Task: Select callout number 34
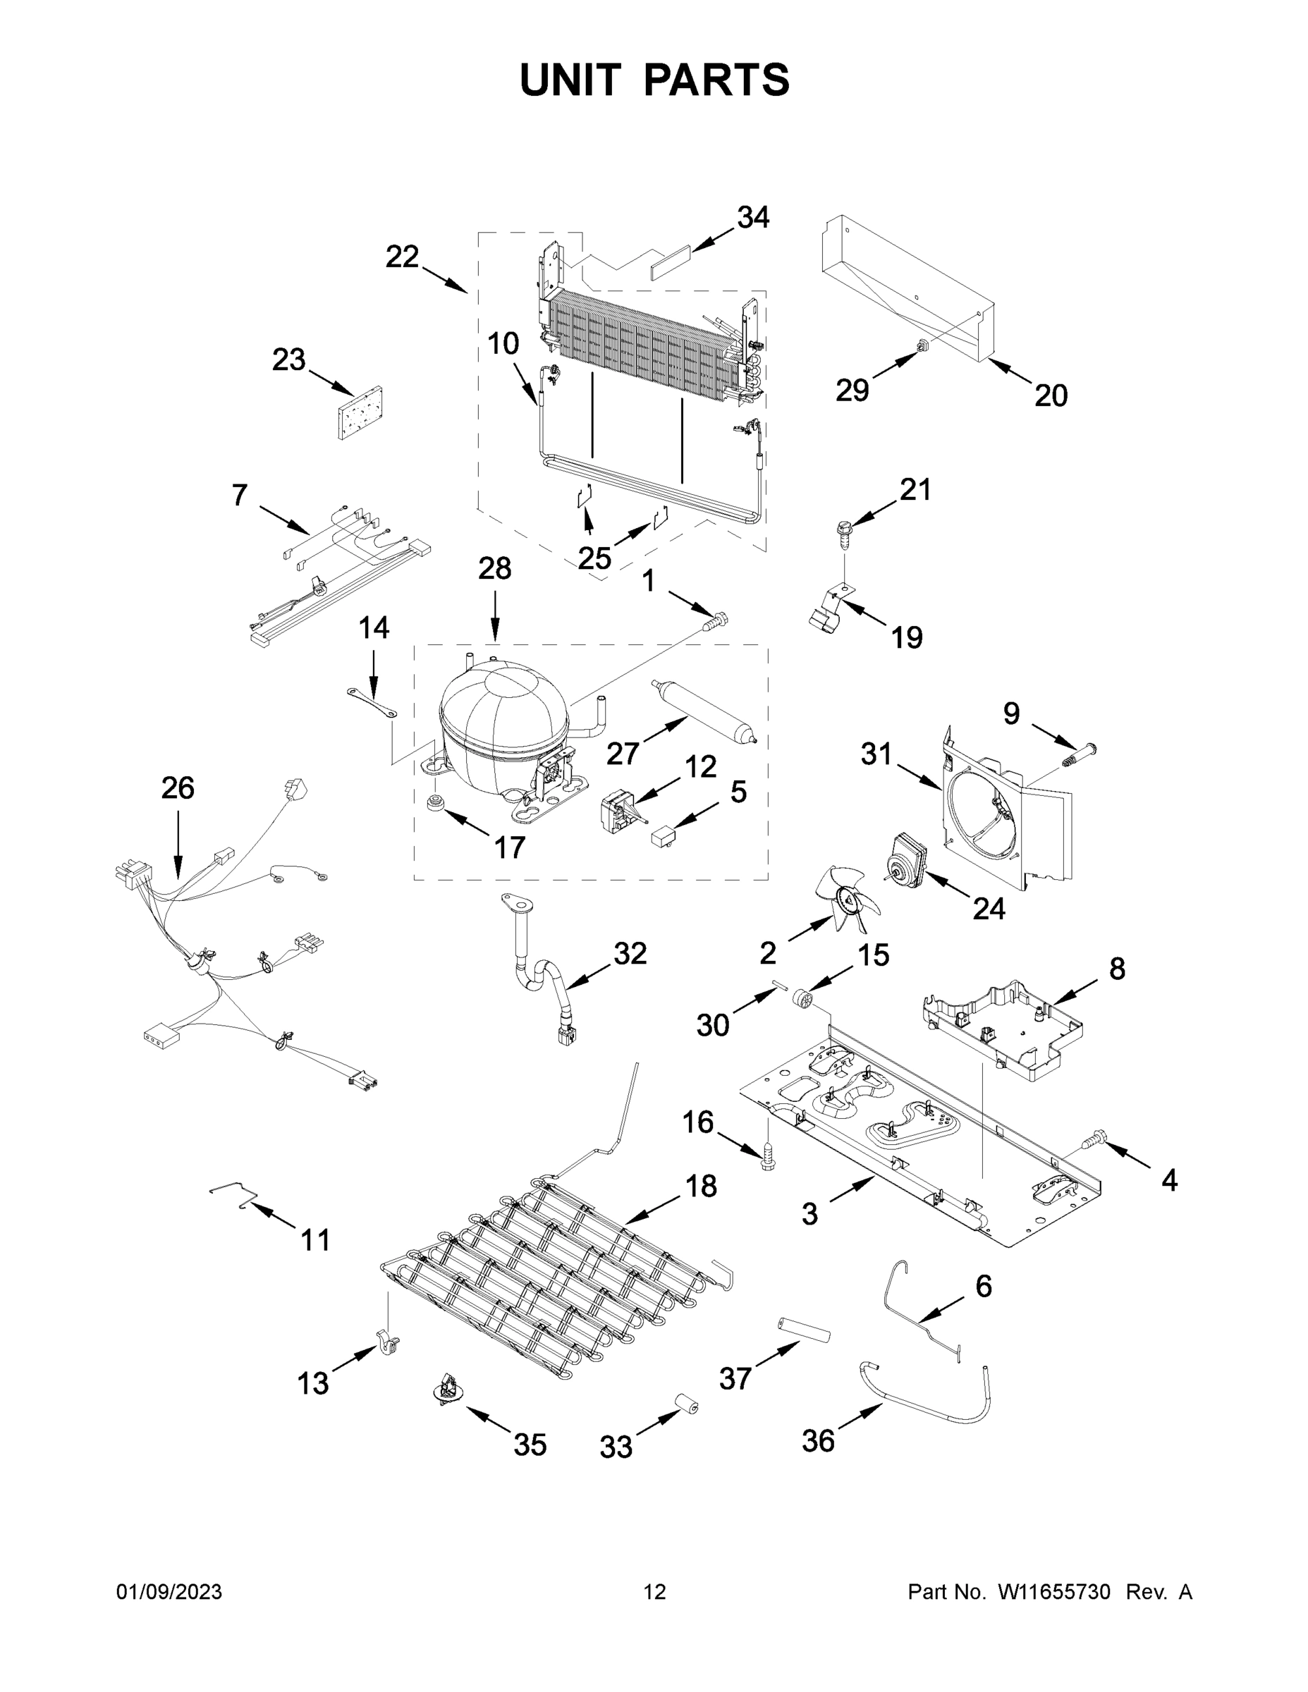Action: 752,218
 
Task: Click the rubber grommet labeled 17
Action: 436,802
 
